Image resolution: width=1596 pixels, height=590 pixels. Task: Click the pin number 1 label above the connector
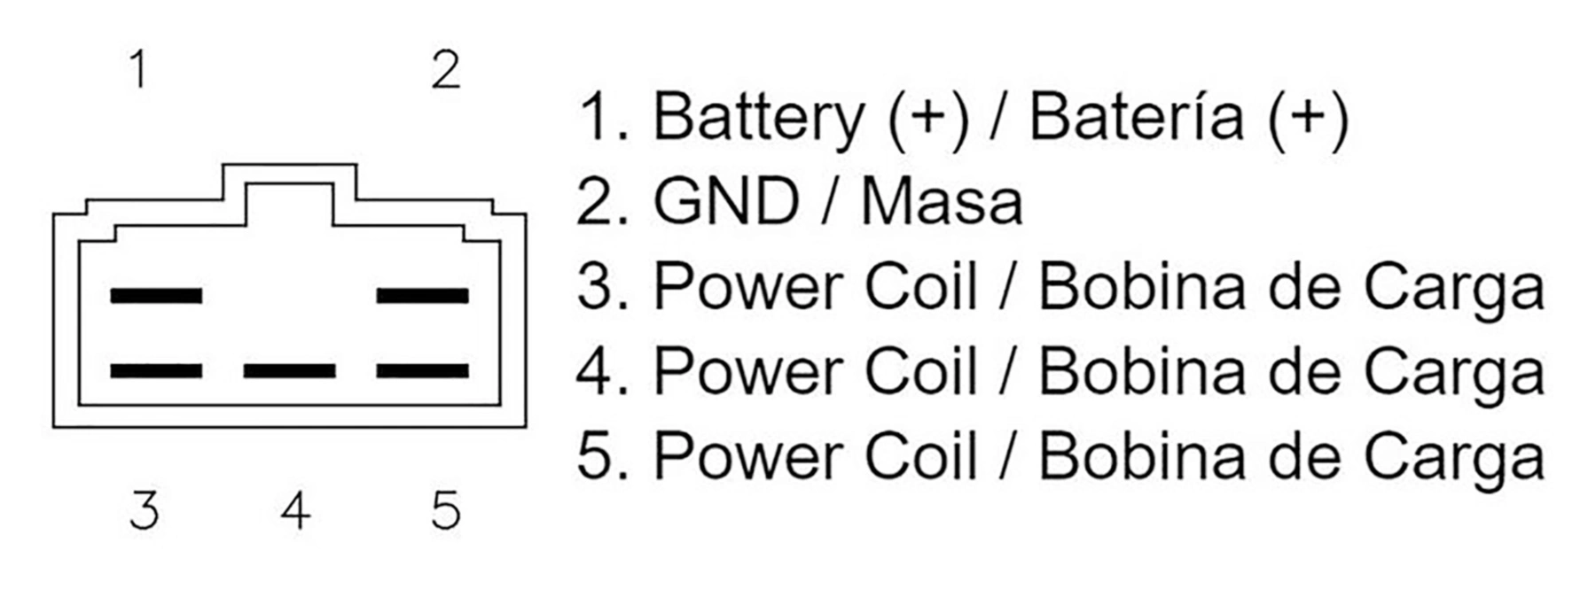point(138,69)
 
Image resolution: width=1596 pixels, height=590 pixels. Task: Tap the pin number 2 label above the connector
point(446,69)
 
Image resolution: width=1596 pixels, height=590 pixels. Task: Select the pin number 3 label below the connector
point(145,510)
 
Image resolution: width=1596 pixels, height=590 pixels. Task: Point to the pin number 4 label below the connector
point(295,510)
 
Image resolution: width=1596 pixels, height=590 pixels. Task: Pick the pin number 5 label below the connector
point(446,510)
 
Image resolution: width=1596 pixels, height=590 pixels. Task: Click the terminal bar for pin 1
point(156,295)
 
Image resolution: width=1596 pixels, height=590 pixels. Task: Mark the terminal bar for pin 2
point(422,295)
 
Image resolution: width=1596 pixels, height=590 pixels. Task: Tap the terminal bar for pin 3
point(156,370)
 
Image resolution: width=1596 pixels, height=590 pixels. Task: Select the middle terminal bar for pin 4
point(289,370)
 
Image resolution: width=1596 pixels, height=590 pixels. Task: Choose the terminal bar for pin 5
point(422,370)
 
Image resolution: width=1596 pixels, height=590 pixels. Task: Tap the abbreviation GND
point(726,201)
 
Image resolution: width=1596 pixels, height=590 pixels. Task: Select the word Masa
point(942,201)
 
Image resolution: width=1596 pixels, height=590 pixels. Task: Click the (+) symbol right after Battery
point(927,118)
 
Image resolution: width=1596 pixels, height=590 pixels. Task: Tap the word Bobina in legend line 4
point(1143,371)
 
